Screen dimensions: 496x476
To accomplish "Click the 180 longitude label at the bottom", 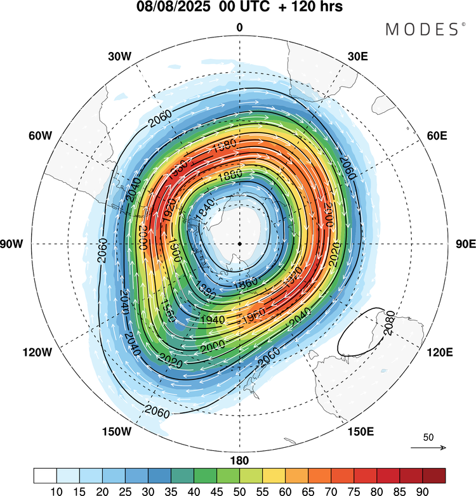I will [240, 460].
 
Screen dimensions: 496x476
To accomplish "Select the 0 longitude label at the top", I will [239, 27].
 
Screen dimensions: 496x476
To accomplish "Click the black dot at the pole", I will [240, 244].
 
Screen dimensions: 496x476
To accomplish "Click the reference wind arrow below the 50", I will [428, 448].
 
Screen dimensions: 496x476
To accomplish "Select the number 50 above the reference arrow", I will [428, 438].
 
